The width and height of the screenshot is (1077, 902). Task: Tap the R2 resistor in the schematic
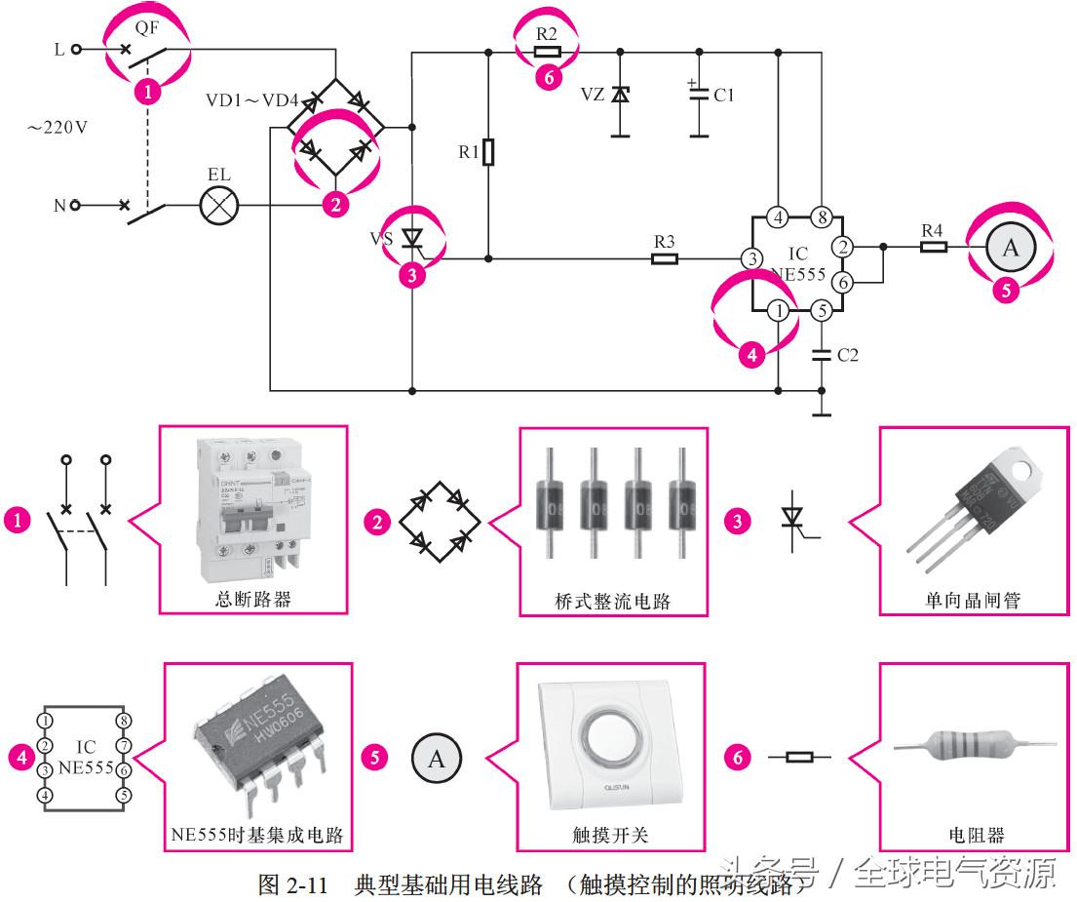point(548,51)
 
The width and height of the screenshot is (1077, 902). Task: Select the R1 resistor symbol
point(488,152)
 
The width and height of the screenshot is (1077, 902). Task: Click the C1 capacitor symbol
point(699,95)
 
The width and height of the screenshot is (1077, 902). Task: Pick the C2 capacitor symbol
point(822,355)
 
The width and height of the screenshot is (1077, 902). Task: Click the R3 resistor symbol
point(665,259)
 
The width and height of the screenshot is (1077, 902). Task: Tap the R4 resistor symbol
point(933,246)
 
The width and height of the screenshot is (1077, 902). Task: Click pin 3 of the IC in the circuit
point(751,259)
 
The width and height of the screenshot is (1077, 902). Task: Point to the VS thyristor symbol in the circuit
point(412,238)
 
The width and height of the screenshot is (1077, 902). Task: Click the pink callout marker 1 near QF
point(147,93)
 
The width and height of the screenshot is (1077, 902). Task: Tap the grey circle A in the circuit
point(1010,248)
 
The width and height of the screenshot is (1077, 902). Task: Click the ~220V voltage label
point(58,127)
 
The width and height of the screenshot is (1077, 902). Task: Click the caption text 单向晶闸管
point(972,600)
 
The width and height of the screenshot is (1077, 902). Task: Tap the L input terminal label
point(59,49)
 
